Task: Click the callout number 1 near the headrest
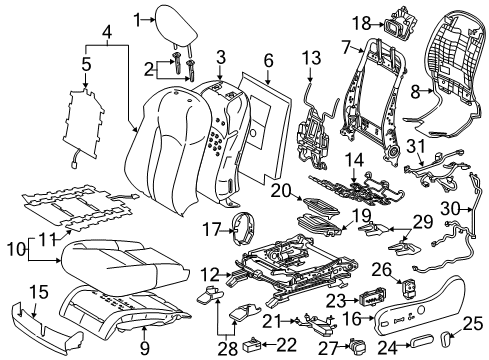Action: click(x=137, y=17)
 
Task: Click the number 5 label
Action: click(x=87, y=68)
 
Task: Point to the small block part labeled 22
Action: click(x=262, y=344)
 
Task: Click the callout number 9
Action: click(x=146, y=348)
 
